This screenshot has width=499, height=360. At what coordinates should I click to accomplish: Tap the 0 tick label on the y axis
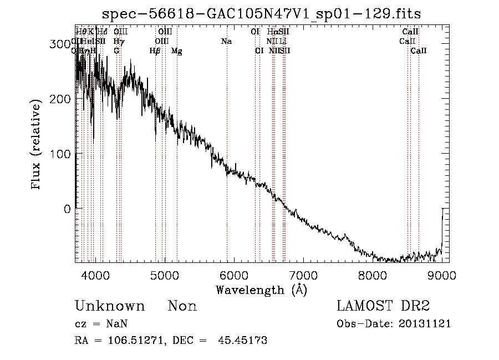67,209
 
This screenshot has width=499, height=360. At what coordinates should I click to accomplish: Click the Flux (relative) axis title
37,145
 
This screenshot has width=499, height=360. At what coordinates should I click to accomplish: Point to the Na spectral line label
226,41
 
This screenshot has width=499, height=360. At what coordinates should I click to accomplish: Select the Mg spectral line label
176,51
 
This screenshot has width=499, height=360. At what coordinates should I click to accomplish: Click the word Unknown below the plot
110,306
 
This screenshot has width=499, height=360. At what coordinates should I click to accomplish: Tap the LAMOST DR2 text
383,306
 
